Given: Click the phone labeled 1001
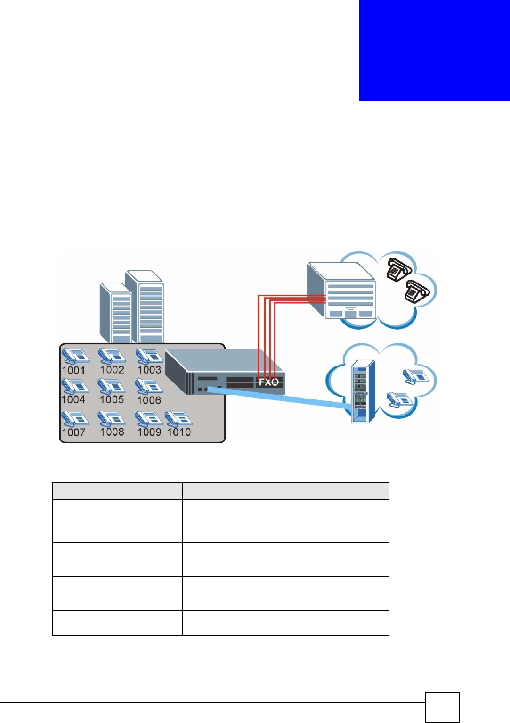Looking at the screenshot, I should click(75, 356).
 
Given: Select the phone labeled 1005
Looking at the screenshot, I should click(111, 385).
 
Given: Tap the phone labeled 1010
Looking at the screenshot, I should click(178, 418).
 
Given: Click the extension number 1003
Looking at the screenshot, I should click(149, 370).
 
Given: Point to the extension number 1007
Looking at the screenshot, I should click(73, 432).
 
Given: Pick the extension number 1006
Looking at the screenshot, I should click(149, 400).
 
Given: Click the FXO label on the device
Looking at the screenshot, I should click(269, 382).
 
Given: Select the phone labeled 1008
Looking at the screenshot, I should click(111, 418).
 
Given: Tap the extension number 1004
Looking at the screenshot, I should click(73, 399).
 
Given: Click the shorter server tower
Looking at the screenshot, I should click(115, 313).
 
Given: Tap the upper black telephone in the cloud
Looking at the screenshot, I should click(399, 269).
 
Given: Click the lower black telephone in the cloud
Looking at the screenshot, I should click(417, 291).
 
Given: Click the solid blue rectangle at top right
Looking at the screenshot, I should click(434, 50).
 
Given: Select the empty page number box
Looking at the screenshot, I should click(442, 707).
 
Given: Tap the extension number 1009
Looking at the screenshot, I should click(149, 432).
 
